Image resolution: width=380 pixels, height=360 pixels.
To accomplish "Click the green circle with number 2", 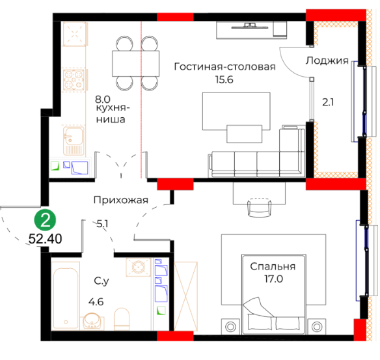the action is point(45,220).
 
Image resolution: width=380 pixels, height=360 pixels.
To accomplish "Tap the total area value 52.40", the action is point(46,239).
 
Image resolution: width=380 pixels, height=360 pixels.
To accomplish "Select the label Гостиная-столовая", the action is point(224,66).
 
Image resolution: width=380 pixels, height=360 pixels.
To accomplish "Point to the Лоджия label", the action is point(327,61).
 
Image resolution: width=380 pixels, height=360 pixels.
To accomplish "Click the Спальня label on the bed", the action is point(273,266).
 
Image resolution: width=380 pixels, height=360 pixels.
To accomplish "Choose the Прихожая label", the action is point(120,201).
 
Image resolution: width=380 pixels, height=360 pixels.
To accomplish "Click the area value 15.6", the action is point(224,79).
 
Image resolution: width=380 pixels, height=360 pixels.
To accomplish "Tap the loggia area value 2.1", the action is point(328,102).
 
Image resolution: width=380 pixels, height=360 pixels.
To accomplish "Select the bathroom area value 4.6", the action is point(96,302).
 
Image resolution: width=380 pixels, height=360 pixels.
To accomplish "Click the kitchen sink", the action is point(74,141).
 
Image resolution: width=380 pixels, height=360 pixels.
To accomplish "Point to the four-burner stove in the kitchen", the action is point(74,79).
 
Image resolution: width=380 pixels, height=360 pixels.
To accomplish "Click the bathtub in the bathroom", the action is point(66,296).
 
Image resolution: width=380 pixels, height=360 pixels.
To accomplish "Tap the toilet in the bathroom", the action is point(122,318).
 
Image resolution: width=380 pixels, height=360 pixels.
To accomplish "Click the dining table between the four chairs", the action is point(136,64).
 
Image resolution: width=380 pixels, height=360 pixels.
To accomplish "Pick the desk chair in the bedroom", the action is point(260,207).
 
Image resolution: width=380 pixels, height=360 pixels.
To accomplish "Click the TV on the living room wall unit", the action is point(250,26).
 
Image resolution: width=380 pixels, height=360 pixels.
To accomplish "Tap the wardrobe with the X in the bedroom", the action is point(185,296).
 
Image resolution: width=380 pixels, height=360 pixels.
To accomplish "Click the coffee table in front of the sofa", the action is point(244,134).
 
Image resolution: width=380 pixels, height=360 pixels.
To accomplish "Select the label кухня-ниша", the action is point(111,113).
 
